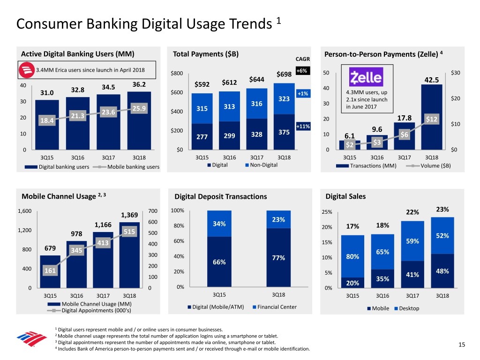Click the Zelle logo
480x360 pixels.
tap(366, 77)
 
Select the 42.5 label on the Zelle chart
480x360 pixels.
tap(431, 80)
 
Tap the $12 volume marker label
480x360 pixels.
tap(431, 120)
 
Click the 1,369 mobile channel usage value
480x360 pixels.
tap(129, 215)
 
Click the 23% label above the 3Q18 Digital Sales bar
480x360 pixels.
tap(442, 210)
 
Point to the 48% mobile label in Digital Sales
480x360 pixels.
tap(442, 271)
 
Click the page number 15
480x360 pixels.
tap(462, 345)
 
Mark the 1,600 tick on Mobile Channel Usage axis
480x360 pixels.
tap(24, 211)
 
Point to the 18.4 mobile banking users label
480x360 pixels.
tap(47, 121)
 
